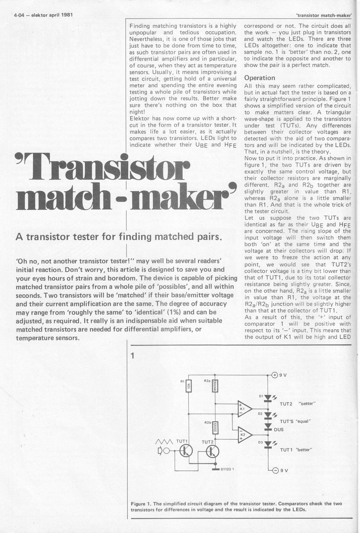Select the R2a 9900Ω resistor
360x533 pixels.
click(215, 386)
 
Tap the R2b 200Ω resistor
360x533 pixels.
click(215, 428)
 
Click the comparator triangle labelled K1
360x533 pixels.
click(244, 409)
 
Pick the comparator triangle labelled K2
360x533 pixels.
click(244, 435)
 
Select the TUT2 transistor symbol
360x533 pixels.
click(212, 452)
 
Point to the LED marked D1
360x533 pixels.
click(268, 398)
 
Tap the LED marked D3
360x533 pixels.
click(268, 444)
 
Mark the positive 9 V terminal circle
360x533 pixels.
click(275, 375)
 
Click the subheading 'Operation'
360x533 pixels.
click(259, 78)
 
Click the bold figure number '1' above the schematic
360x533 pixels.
click(133, 355)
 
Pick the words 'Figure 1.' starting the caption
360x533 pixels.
click(140, 503)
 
